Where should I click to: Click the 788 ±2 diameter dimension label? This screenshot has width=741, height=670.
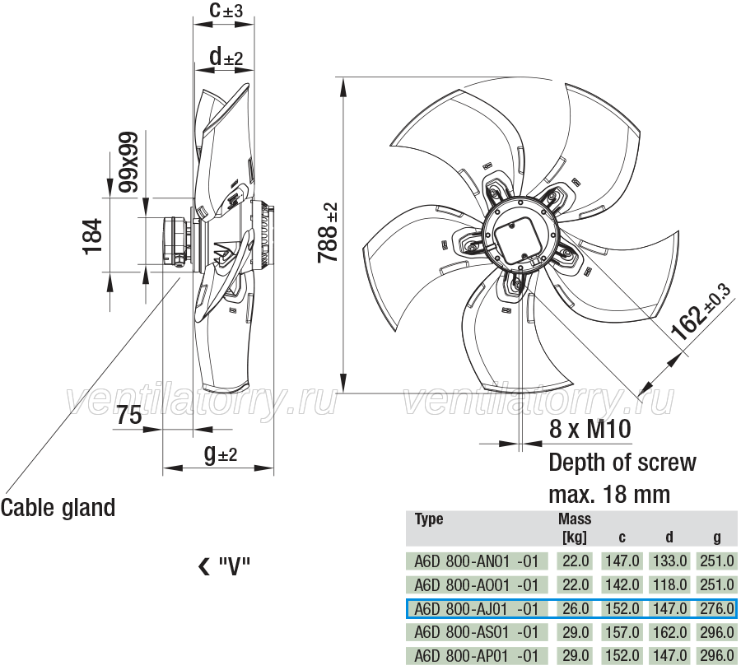click(328, 232)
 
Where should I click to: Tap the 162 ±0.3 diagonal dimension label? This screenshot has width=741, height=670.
click(701, 311)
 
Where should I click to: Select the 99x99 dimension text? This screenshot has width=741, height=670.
click(128, 161)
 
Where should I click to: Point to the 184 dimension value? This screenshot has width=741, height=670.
click(92, 237)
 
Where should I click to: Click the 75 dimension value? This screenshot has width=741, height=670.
click(129, 416)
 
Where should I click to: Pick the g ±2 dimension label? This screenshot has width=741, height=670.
click(221, 454)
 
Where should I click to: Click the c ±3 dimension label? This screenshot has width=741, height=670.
click(226, 10)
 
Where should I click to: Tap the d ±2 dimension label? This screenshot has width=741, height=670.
click(226, 57)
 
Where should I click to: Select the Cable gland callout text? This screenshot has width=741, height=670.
click(58, 508)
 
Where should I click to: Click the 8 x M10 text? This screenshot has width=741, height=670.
click(590, 429)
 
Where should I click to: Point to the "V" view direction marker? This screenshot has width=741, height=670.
click(224, 566)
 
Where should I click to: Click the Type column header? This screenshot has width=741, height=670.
click(429, 519)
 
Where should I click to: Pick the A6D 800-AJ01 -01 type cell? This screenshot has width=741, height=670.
click(477, 608)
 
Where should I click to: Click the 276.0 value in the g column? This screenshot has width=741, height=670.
click(717, 608)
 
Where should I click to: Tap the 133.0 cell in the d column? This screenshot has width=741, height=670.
click(669, 561)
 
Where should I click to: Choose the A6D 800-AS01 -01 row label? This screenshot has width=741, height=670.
click(477, 632)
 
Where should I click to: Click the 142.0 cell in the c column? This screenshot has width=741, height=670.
click(622, 585)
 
